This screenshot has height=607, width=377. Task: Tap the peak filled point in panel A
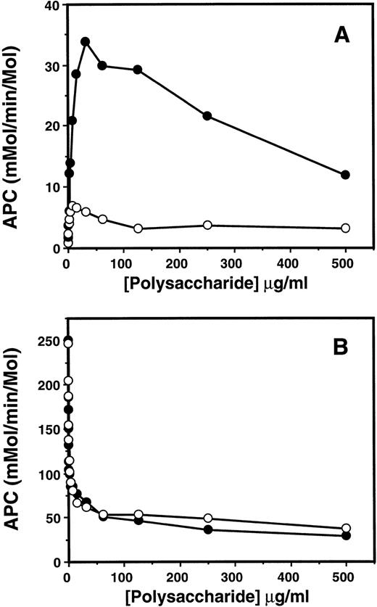pyautogui.click(x=86, y=41)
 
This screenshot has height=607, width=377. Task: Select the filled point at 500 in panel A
pyautogui.click(x=345, y=175)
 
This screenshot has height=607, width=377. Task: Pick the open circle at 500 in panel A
pyautogui.click(x=345, y=228)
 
